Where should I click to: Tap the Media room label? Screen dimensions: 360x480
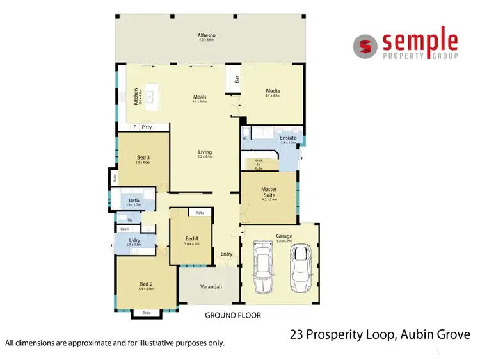(273, 91)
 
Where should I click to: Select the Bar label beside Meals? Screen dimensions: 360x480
(237, 80)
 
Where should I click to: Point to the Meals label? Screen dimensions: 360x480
(200, 97)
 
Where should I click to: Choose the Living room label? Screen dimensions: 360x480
(204, 152)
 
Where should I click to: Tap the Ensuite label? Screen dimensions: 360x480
(288, 138)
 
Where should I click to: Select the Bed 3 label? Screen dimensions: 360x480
(143, 158)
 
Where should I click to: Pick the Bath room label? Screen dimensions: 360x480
(134, 200)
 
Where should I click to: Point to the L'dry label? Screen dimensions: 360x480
(133, 240)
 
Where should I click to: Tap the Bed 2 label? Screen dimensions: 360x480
(146, 284)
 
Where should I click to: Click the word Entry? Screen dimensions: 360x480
(227, 254)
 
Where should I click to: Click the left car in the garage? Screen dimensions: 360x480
(262, 266)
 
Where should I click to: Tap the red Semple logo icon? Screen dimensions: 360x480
(365, 45)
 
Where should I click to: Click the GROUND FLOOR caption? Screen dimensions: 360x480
(232, 315)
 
